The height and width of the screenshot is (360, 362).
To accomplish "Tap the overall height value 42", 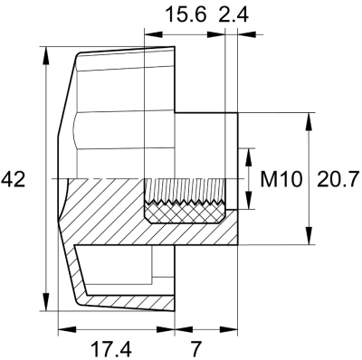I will pos(14,180).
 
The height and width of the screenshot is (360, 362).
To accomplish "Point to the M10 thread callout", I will pos(280,180).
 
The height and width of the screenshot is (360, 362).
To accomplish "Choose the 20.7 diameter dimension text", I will pos(338,180).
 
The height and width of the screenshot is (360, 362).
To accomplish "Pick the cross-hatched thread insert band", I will pos(186,215).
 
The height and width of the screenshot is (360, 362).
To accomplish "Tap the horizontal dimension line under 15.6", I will pos(186,35).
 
